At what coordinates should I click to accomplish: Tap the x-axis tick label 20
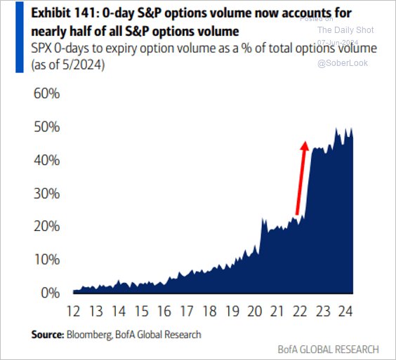253,312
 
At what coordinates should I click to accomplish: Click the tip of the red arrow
305,142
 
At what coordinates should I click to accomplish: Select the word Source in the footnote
46,335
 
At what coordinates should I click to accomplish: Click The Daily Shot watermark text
345,30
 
